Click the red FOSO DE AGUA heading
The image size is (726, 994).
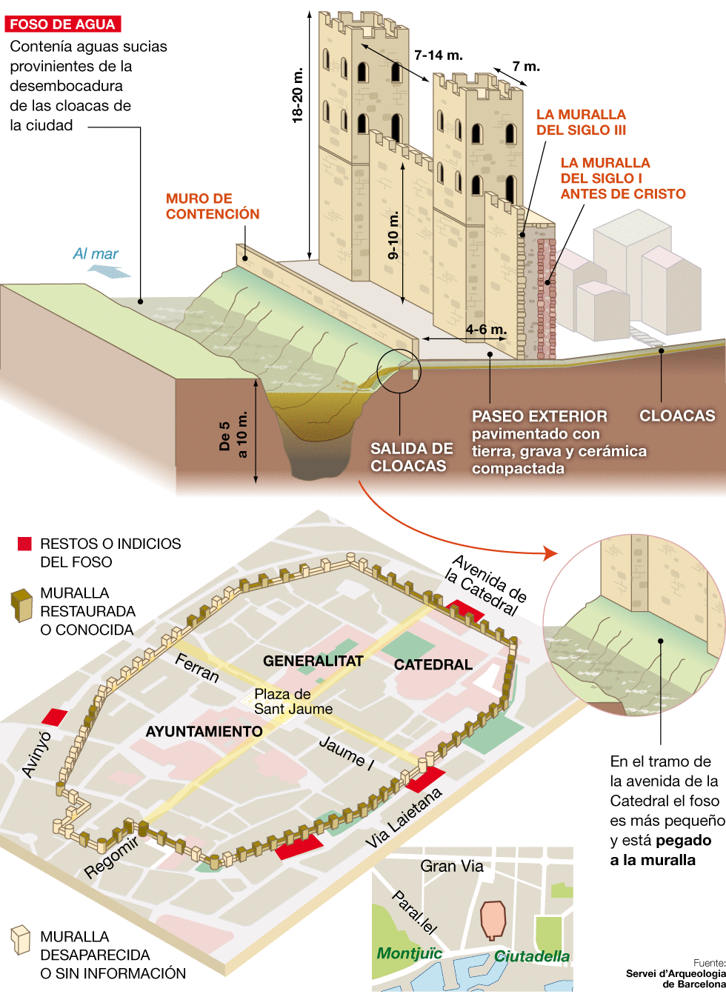pyautogui.click(x=62, y=24)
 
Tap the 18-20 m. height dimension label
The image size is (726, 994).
pyautogui.click(x=298, y=95)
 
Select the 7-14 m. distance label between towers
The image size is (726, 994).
pyautogui.click(x=439, y=55)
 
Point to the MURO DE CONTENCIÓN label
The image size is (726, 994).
pyautogui.click(x=212, y=207)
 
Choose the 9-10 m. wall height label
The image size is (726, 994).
pyautogui.click(x=393, y=235)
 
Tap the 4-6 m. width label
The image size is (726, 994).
pyautogui.click(x=486, y=329)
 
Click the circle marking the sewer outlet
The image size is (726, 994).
pyautogui.click(x=399, y=370)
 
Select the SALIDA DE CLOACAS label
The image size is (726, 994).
pyautogui.click(x=411, y=457)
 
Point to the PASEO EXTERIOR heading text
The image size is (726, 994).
pyautogui.click(x=539, y=416)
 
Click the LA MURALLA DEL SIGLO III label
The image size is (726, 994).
pyautogui.click(x=581, y=122)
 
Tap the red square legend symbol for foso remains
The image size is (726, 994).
pyautogui.click(x=24, y=544)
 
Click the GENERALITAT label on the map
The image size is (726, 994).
pyautogui.click(x=313, y=661)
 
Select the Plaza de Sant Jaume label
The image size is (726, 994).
pyautogui.click(x=293, y=701)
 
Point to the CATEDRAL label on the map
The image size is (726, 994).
pyautogui.click(x=433, y=664)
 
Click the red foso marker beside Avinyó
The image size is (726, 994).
pyautogui.click(x=54, y=716)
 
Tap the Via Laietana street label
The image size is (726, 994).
pyautogui.click(x=404, y=818)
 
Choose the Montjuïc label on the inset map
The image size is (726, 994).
pyautogui.click(x=409, y=953)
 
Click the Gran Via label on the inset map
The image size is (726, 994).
pyautogui.click(x=451, y=866)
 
